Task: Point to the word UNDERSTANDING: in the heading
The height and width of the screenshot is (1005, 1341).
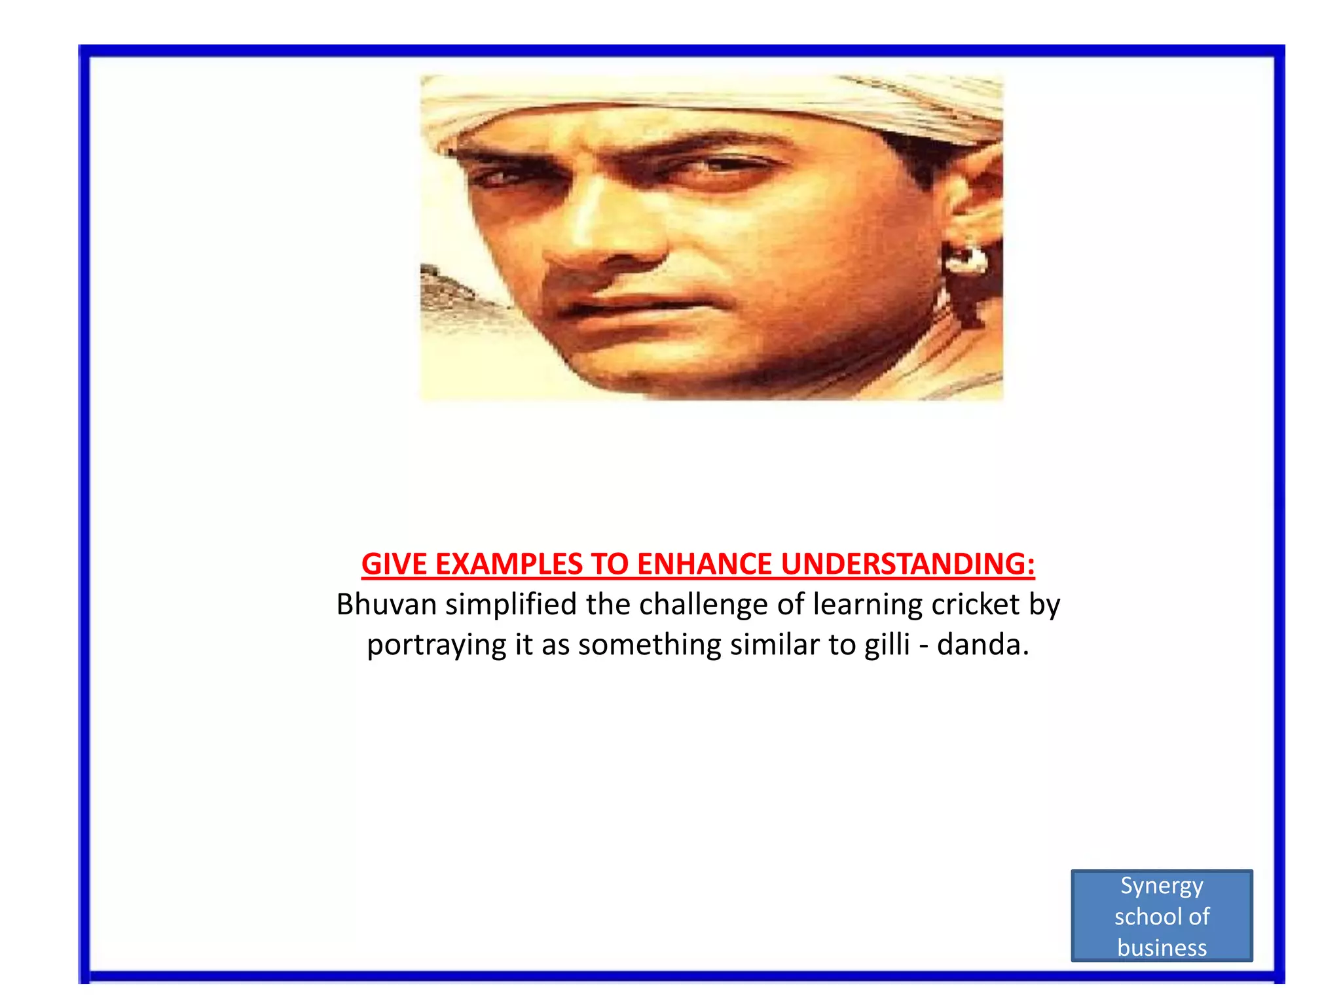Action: pyautogui.click(x=908, y=564)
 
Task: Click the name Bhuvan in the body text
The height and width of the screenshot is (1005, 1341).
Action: pyautogui.click(x=386, y=605)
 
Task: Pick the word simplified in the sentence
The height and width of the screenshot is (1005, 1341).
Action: pyautogui.click(x=511, y=605)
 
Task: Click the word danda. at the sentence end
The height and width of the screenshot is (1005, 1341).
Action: pyautogui.click(x=983, y=644)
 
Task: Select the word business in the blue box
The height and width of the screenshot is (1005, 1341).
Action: pyautogui.click(x=1162, y=947)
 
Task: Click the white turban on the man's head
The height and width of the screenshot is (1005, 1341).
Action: pyautogui.click(x=655, y=98)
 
